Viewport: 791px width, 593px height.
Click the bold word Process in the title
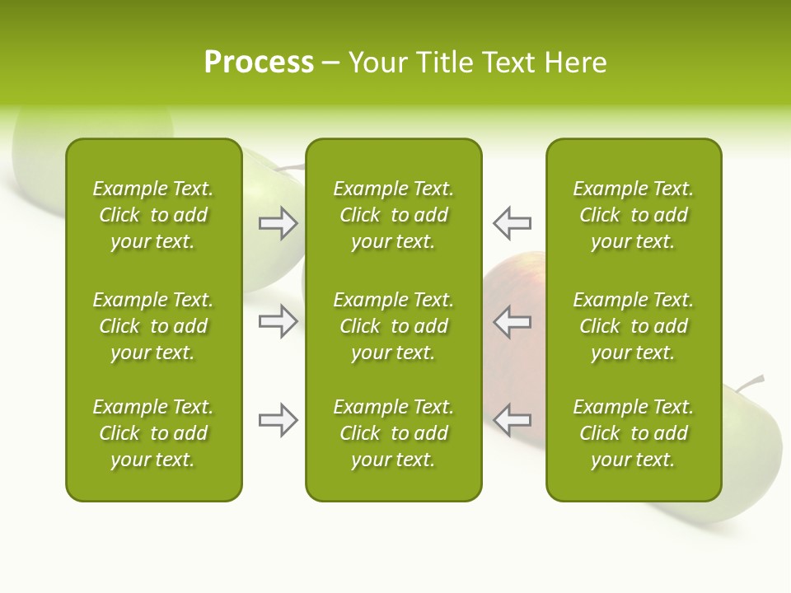[x=259, y=63]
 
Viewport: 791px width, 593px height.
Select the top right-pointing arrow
[x=278, y=223]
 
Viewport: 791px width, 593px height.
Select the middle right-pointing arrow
[x=278, y=321]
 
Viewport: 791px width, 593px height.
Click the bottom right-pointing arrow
[x=278, y=420]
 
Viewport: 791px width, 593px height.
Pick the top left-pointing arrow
[x=513, y=223]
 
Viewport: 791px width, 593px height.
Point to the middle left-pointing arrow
[x=513, y=321]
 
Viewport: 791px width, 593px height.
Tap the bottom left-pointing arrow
[x=513, y=419]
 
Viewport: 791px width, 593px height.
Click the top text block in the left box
[x=153, y=215]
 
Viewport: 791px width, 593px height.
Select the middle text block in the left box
[x=153, y=326]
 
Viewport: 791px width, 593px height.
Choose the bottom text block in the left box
[x=153, y=433]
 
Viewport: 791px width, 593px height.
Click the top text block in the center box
[x=394, y=215]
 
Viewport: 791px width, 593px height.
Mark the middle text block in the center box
[x=394, y=326]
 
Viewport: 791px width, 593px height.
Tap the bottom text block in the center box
[x=394, y=433]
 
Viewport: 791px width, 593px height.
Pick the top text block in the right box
[x=634, y=215]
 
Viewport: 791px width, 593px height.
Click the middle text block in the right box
[x=634, y=326]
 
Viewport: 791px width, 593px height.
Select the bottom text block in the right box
[x=634, y=433]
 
